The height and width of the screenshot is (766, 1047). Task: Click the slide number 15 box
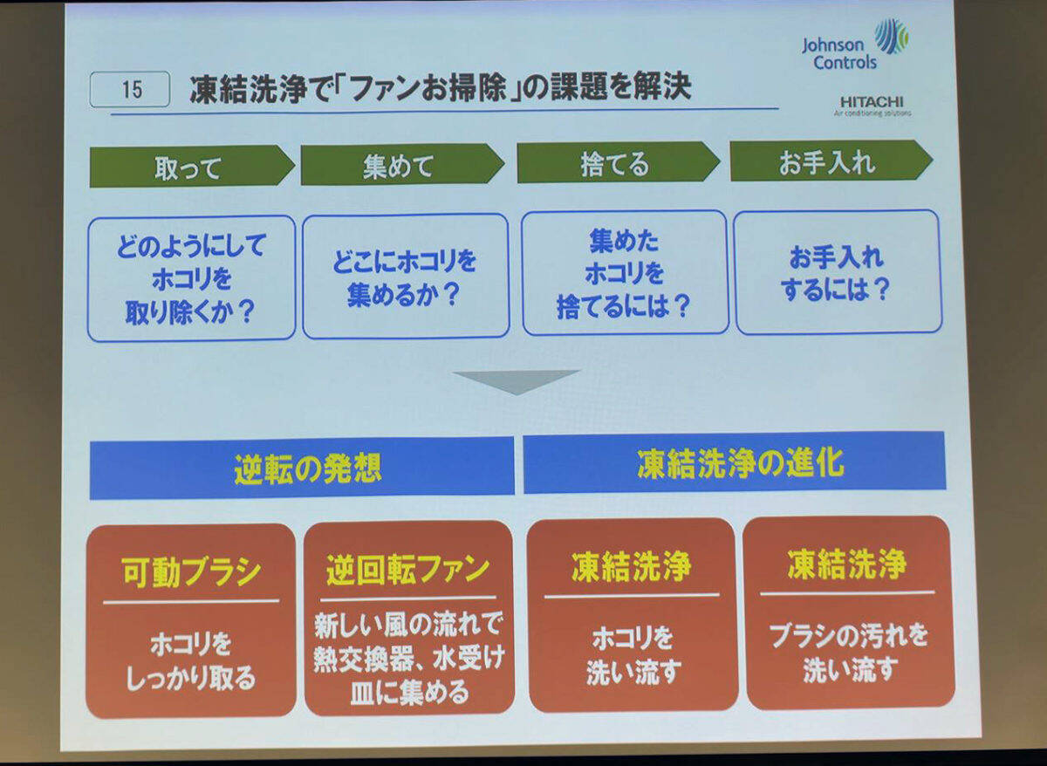tap(129, 89)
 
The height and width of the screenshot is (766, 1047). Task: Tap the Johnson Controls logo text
tap(839, 54)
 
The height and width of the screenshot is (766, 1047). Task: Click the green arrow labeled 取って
tap(192, 167)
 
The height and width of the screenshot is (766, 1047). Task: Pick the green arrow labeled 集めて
tap(403, 165)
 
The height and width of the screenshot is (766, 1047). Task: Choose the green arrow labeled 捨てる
tap(619, 162)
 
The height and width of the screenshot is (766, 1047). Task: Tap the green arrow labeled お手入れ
tap(831, 161)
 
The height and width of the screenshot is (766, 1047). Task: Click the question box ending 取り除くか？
tap(192, 278)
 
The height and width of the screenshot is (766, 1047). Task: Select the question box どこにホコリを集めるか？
tap(406, 276)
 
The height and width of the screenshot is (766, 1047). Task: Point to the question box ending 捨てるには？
tap(625, 273)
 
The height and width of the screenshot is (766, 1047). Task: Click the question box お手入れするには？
tap(838, 272)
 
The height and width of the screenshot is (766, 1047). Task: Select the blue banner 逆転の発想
tap(302, 468)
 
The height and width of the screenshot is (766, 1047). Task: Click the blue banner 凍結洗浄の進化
tap(735, 462)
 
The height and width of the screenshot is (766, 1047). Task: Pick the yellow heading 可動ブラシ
tap(191, 571)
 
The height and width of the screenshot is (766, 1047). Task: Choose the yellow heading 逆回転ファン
tap(407, 570)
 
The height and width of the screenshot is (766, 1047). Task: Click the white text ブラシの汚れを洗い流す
tap(848, 652)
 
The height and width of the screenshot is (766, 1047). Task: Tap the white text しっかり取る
tap(191, 679)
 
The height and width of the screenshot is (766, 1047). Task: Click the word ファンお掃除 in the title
tap(427, 89)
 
